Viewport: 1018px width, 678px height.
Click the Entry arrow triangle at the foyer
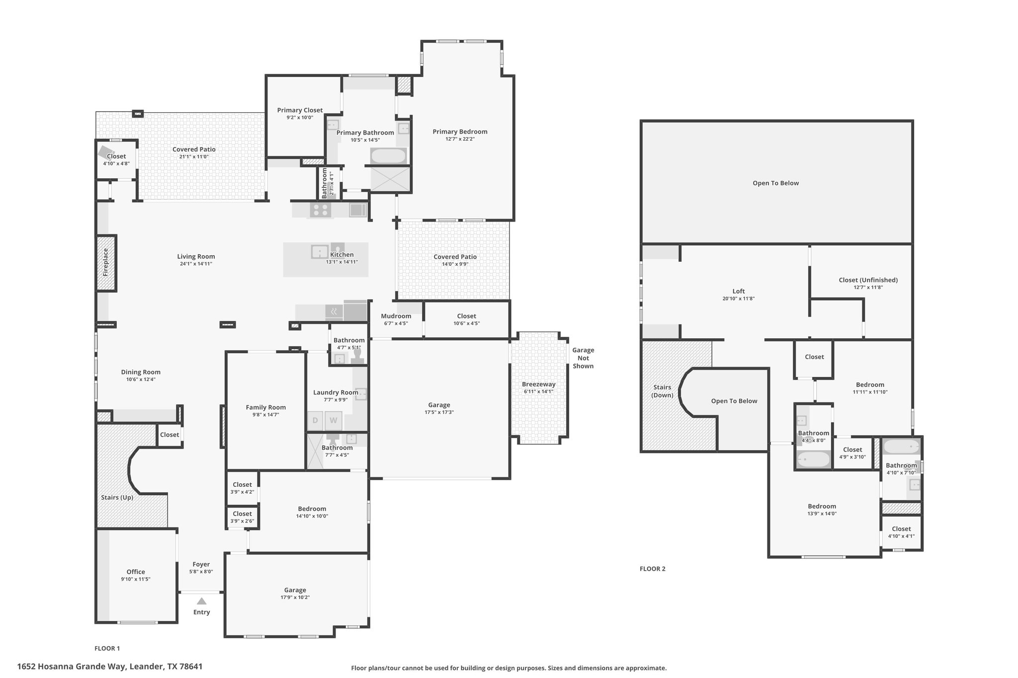click(x=201, y=601)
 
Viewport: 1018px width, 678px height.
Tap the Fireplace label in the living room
click(x=105, y=263)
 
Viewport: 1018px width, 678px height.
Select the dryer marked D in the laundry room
click(x=315, y=421)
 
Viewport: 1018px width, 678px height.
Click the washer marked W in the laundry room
click(x=334, y=421)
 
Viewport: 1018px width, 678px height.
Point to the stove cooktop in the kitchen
click(x=321, y=210)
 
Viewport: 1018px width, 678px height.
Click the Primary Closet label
click(x=300, y=110)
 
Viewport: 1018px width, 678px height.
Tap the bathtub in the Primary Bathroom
click(x=388, y=156)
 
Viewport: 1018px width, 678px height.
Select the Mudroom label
click(x=396, y=316)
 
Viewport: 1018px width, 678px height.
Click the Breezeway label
click(x=539, y=384)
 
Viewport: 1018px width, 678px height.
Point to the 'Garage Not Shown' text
click(x=583, y=358)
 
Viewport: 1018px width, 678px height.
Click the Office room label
click(x=136, y=572)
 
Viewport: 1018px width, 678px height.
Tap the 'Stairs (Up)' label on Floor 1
click(x=117, y=497)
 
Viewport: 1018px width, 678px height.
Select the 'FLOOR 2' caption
click(x=652, y=569)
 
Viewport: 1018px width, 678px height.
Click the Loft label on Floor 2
click(x=739, y=292)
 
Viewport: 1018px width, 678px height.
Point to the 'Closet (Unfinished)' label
click(x=868, y=280)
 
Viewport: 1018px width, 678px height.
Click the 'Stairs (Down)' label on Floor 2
click(x=662, y=391)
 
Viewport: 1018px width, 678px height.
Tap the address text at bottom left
click(x=110, y=667)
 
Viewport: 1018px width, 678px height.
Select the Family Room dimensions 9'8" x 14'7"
click(x=266, y=414)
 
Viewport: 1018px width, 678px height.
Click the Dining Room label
click(x=141, y=372)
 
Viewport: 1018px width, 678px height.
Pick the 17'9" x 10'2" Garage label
click(x=295, y=597)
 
